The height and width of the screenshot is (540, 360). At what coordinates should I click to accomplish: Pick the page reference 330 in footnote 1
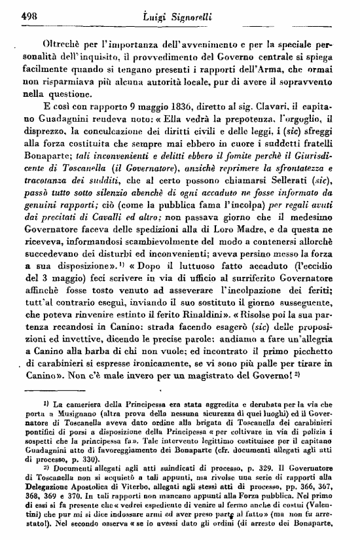click(x=113, y=464)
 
